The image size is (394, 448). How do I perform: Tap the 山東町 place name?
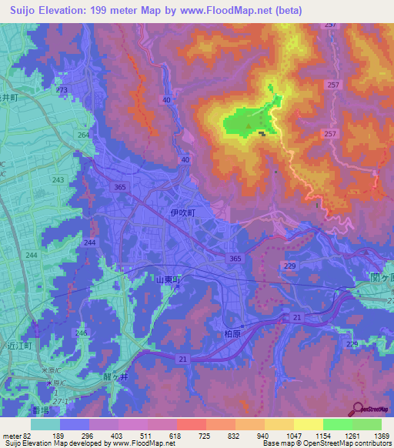pyautogui.click(x=166, y=282)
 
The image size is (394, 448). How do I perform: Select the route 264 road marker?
pyautogui.click(x=82, y=135)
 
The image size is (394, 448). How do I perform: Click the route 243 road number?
pyautogui.click(x=57, y=180)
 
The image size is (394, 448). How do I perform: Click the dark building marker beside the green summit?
pyautogui.click(x=263, y=133)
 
